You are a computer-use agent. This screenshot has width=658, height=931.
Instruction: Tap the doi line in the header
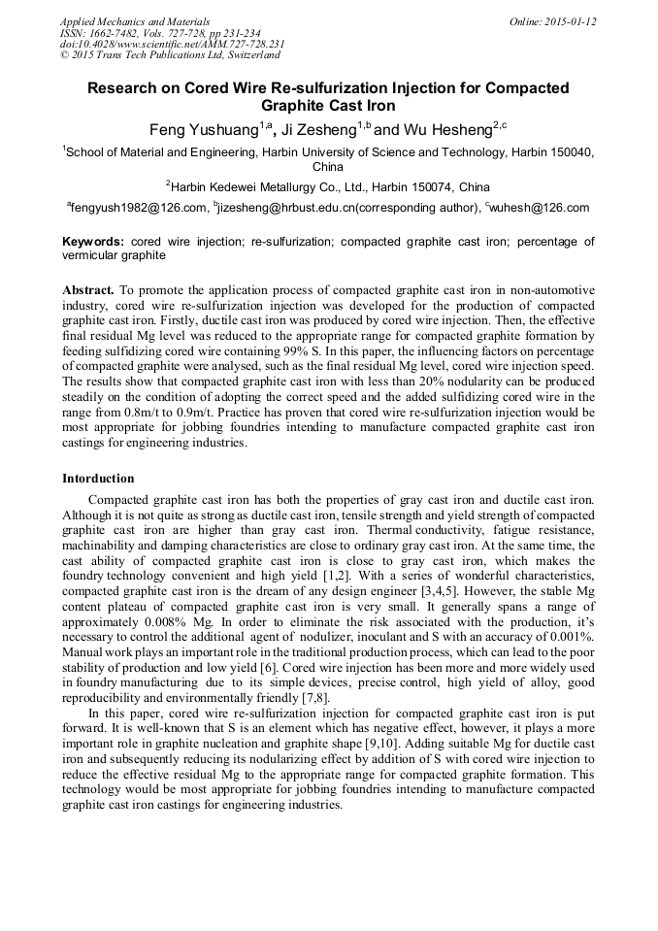click(172, 45)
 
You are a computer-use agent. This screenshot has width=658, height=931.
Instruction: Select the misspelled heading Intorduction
click(98, 479)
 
